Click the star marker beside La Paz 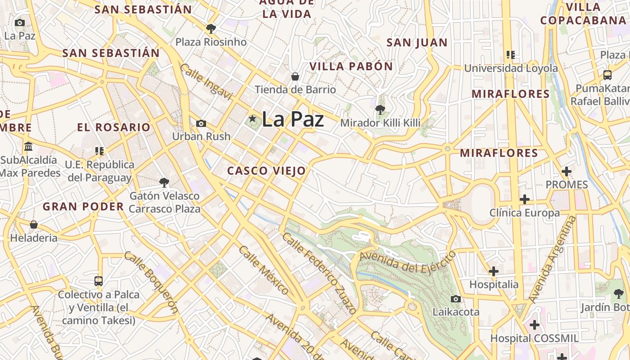coord(252,119)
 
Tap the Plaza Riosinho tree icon coord(211,29)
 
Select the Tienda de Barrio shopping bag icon coord(295,76)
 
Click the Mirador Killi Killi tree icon coord(380,109)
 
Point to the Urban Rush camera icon coord(201,123)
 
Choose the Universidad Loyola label coord(511,68)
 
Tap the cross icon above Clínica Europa coord(525,199)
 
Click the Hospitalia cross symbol coord(494,271)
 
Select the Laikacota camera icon coord(456,299)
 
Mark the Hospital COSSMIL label coord(535,338)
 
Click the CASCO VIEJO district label coord(266,171)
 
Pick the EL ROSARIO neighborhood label coord(113,127)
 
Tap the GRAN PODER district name coord(83,207)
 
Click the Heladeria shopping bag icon coord(34,224)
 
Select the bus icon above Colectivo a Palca coord(99,281)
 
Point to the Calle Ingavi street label coord(206,82)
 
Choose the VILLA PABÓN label coord(351,66)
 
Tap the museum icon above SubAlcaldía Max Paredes coord(29,147)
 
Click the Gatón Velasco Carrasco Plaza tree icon coord(164,182)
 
